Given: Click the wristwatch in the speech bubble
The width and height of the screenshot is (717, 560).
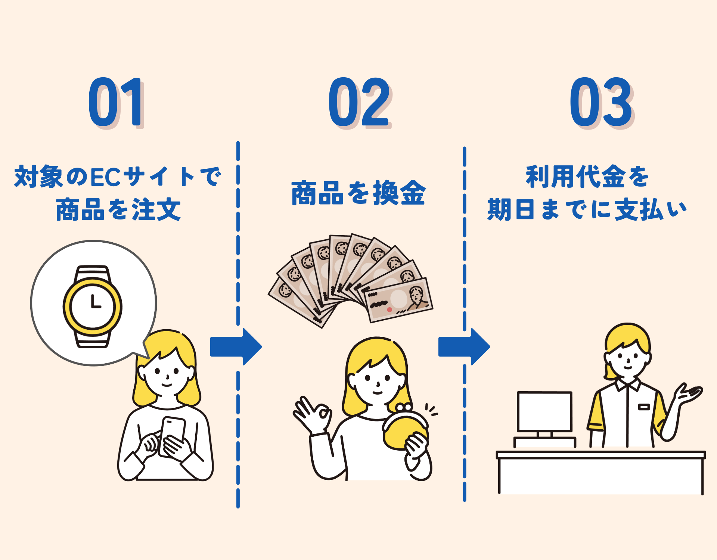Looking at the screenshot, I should click(93, 307).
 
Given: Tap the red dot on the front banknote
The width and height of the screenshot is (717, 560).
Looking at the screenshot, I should click(389, 309).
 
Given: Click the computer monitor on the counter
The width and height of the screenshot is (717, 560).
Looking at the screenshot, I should click(544, 411).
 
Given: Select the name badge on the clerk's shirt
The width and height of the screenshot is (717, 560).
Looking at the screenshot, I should click(644, 407).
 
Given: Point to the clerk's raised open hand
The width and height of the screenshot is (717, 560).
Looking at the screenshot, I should click(689, 394).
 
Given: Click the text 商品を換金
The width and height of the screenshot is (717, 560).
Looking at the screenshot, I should click(358, 193).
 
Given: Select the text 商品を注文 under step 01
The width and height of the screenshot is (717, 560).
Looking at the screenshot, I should click(118, 210).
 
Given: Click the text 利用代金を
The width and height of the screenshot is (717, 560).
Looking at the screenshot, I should click(587, 177).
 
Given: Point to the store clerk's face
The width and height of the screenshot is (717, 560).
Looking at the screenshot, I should click(627, 358).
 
